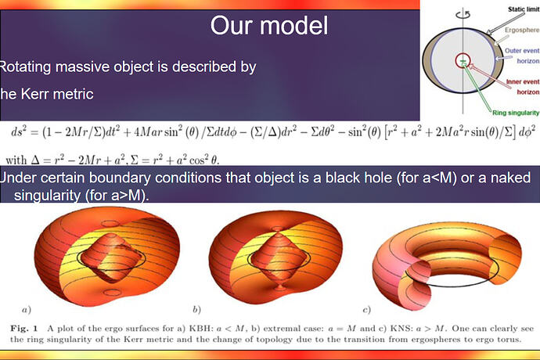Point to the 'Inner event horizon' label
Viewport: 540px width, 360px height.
(x=522, y=87)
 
